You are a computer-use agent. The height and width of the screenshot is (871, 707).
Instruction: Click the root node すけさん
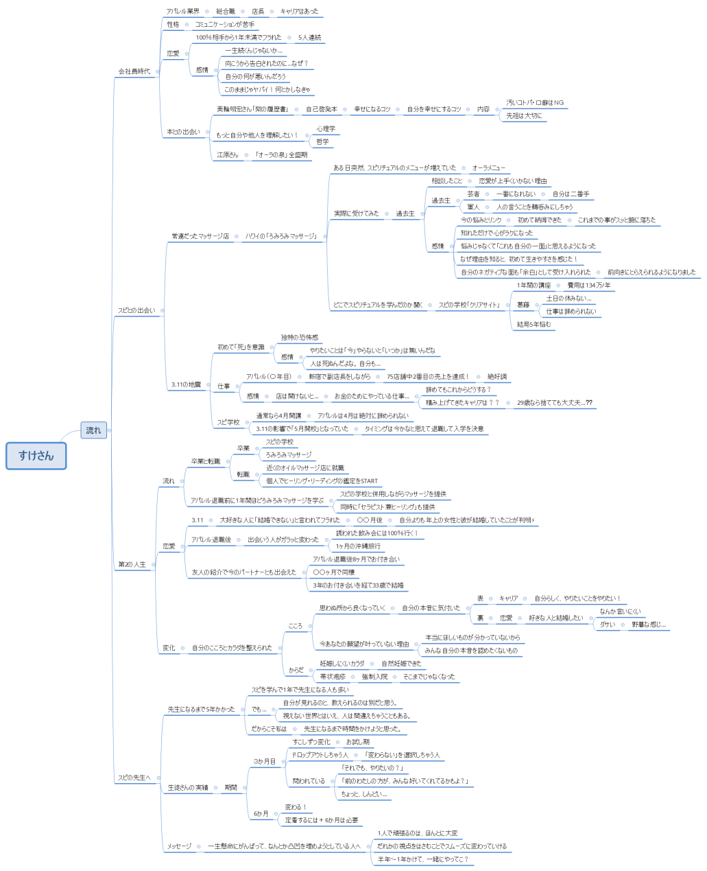coord(36,456)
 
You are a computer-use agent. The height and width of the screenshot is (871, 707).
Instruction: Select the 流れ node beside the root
coord(93,430)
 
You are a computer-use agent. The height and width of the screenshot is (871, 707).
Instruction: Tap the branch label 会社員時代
coord(134,71)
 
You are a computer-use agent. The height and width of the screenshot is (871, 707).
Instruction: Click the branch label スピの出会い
coord(136,310)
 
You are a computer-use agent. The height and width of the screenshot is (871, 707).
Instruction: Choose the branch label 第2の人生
coord(132,564)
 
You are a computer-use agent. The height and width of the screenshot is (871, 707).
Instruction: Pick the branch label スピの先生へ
coord(134,778)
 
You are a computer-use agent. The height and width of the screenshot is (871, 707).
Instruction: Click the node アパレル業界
coord(183,12)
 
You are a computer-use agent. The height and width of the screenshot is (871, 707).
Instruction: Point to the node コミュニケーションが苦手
coord(225,25)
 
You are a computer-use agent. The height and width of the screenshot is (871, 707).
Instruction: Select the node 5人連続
coord(309,38)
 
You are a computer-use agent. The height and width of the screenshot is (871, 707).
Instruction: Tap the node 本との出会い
coord(183,132)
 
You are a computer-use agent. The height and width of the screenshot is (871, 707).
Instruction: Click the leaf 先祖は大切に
coord(524,116)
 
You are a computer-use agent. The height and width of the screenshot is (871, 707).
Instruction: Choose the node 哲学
coord(322,142)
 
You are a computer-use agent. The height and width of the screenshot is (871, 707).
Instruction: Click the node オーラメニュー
coord(488,168)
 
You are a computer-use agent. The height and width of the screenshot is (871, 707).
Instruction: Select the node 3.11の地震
coord(186,385)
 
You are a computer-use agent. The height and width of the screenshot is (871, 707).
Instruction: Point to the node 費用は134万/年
coord(588,286)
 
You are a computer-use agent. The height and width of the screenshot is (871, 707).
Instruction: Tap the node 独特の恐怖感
coord(299,338)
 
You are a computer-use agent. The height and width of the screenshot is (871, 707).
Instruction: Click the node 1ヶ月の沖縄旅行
coord(358,546)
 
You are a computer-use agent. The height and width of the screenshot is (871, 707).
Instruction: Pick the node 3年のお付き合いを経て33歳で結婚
coord(358,585)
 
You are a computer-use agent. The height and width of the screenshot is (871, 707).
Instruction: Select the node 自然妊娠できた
coord(401,664)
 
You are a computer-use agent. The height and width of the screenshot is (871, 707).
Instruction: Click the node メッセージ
coord(179,846)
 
